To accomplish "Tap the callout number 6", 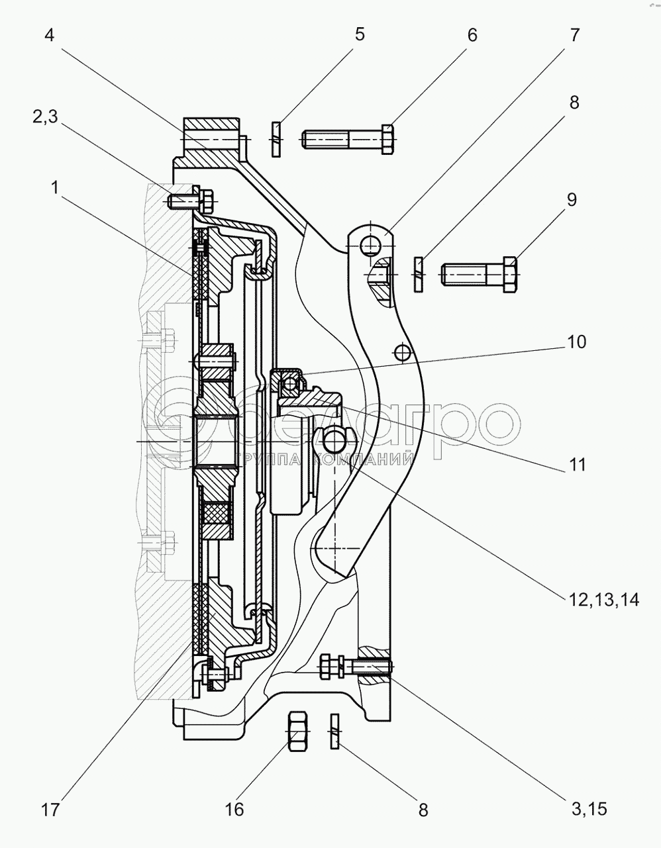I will (x=472, y=35).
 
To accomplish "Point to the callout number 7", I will (x=574, y=35).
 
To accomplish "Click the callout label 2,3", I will (x=45, y=117).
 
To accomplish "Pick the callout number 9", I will (x=572, y=199).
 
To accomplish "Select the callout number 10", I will (x=576, y=342).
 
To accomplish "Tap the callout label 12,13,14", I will (x=602, y=600).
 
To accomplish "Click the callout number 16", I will (x=234, y=809).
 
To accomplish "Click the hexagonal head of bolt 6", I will (x=388, y=140).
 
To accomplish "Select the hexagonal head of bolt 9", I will (x=510, y=272).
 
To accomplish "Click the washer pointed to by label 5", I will (x=276, y=138).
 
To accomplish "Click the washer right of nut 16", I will (x=334, y=731).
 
